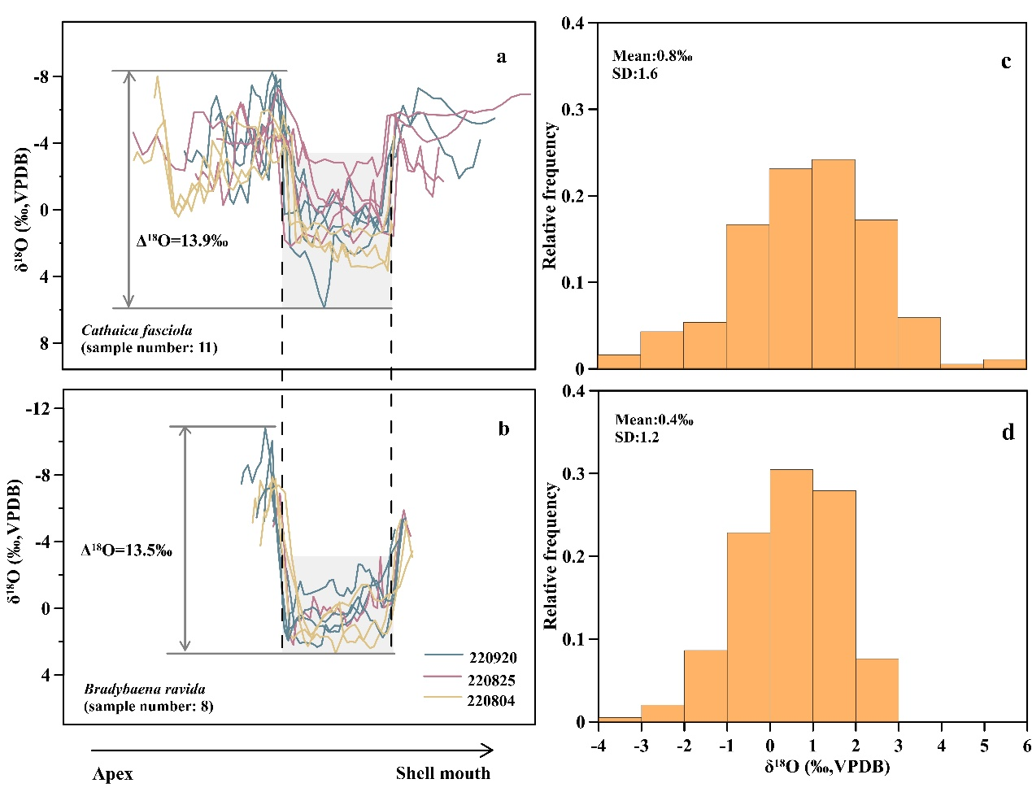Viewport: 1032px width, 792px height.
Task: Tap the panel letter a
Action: (x=501, y=57)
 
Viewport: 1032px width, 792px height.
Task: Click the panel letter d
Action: (x=1008, y=433)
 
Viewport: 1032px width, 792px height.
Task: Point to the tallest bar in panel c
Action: (x=834, y=264)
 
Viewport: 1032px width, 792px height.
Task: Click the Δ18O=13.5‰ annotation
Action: (x=126, y=550)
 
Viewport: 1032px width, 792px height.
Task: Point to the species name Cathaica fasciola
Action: (x=137, y=330)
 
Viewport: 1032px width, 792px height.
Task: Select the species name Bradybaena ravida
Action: (x=145, y=690)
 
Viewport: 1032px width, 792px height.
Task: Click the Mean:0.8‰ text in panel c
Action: (x=652, y=56)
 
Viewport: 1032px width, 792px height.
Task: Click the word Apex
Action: (x=112, y=773)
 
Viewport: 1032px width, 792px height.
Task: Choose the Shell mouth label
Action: (x=443, y=773)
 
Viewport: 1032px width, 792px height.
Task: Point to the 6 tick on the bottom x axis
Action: (x=1026, y=745)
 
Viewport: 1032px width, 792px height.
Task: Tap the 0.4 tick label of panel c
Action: (x=573, y=24)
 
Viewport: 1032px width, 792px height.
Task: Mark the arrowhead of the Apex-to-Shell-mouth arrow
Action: (x=488, y=750)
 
